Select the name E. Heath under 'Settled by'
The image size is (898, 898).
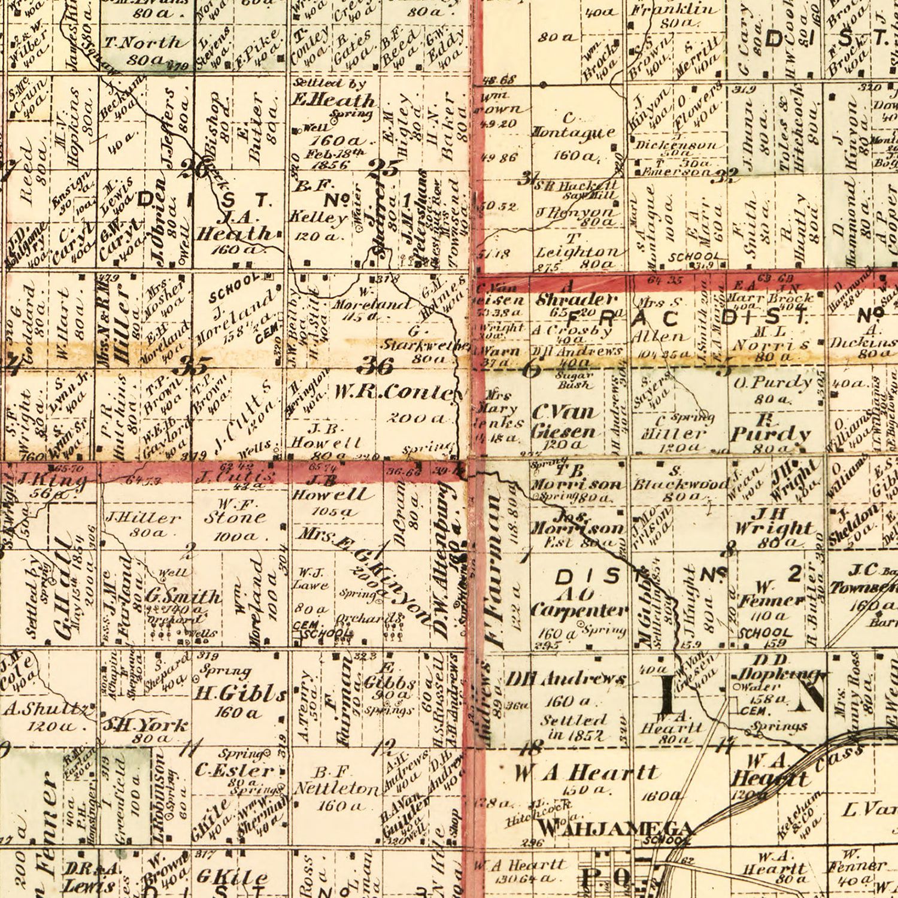(x=332, y=100)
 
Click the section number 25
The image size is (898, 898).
(x=383, y=168)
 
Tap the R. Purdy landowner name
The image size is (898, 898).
(x=770, y=432)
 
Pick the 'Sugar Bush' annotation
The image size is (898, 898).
(x=575, y=381)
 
